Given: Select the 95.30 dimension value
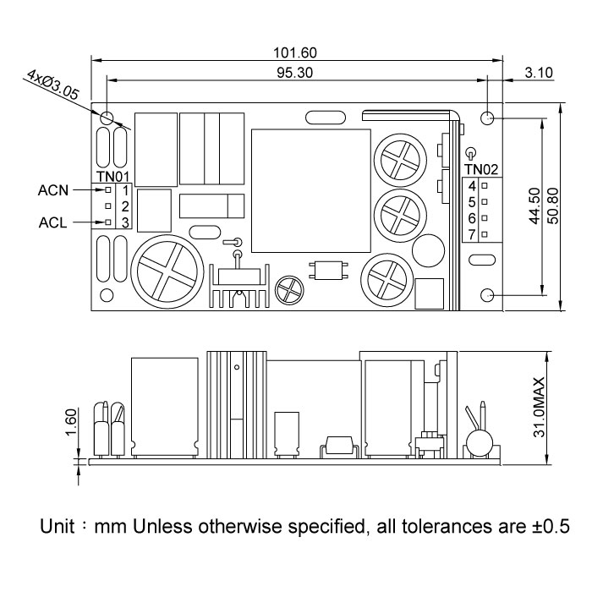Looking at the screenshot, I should coord(294,73).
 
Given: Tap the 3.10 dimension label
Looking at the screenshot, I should coord(538,73).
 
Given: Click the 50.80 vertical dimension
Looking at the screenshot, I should coord(553,206).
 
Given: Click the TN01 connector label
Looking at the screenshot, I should coord(112,177).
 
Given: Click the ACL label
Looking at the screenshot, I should coord(53,223).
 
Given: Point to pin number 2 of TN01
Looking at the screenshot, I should coord(124,206).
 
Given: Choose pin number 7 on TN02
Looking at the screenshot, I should coord(472,233).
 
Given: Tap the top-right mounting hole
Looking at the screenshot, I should coord(488,118).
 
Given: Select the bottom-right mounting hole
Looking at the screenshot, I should coord(488,295).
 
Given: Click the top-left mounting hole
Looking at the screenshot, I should coord(107,118).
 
